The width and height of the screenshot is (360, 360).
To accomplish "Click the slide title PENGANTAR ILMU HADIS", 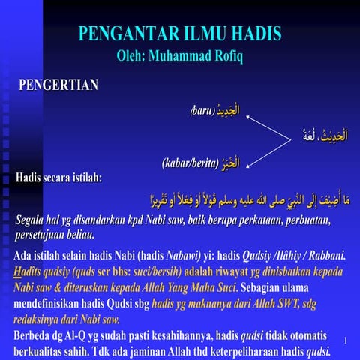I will pyautogui.click(x=180, y=34).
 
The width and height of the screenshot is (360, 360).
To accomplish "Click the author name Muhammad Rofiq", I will pyautogui.click(x=196, y=55).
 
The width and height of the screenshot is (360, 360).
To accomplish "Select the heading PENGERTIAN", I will pyautogui.click(x=58, y=85).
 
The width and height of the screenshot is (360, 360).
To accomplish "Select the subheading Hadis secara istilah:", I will pyautogui.click(x=59, y=178).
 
